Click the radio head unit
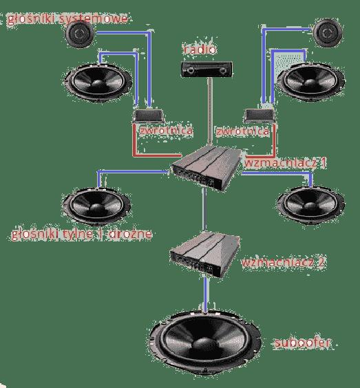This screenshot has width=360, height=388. click(207, 69)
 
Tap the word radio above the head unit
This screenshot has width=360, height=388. click(200, 50)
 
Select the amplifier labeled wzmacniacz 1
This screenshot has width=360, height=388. click(207, 168)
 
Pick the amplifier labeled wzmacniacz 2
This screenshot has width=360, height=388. click(204, 254)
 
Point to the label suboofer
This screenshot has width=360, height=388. click(302, 343)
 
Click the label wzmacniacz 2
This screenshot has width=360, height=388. click(283, 262)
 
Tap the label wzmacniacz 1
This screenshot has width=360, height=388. click(285, 163)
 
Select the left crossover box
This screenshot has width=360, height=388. click(149, 116)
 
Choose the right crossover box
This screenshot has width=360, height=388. click(260, 116)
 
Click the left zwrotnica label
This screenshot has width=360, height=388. click(166, 131)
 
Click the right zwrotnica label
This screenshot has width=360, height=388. click(243, 131)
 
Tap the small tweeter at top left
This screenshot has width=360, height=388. click(79, 34)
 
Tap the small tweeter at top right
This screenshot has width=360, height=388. click(328, 32)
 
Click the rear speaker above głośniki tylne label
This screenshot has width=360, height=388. click(97, 206)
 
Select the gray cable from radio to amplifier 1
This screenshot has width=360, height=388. click(210, 111)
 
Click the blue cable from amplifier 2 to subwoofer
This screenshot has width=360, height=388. click(206, 294)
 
